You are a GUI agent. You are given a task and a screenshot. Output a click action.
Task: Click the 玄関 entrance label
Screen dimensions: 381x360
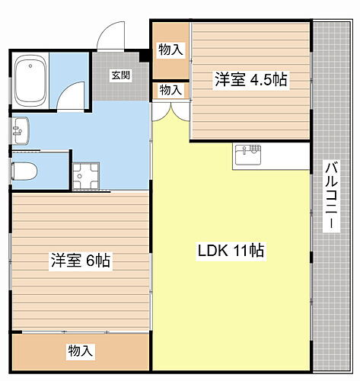(x=119, y=75)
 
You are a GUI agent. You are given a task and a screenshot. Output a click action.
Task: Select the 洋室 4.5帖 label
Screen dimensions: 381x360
(x=250, y=80)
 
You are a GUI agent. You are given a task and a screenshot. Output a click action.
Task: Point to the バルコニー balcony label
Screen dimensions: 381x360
(x=331, y=197)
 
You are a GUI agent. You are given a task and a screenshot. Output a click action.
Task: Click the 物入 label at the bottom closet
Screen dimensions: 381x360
(x=81, y=351)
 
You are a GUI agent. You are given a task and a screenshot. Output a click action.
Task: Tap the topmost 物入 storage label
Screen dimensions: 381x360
(x=170, y=50)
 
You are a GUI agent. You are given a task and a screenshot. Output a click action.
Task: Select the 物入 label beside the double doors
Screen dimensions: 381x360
(x=170, y=91)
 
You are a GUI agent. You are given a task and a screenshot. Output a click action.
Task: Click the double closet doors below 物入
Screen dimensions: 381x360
(x=170, y=112)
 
